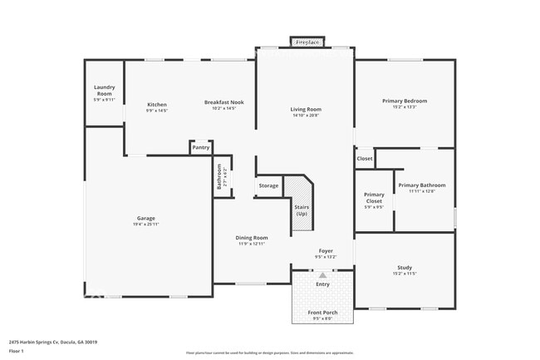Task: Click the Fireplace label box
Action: tap(307, 42)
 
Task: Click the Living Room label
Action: tap(306, 110)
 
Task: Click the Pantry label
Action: tap(200, 147)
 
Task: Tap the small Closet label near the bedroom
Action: tap(365, 158)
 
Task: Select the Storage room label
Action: tap(268, 185)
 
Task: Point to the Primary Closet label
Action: tap(374, 197)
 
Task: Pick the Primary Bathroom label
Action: tap(421, 185)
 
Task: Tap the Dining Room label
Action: tap(251, 238)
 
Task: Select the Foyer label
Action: tap(326, 251)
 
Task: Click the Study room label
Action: tap(405, 268)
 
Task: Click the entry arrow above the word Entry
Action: tap(322, 274)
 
